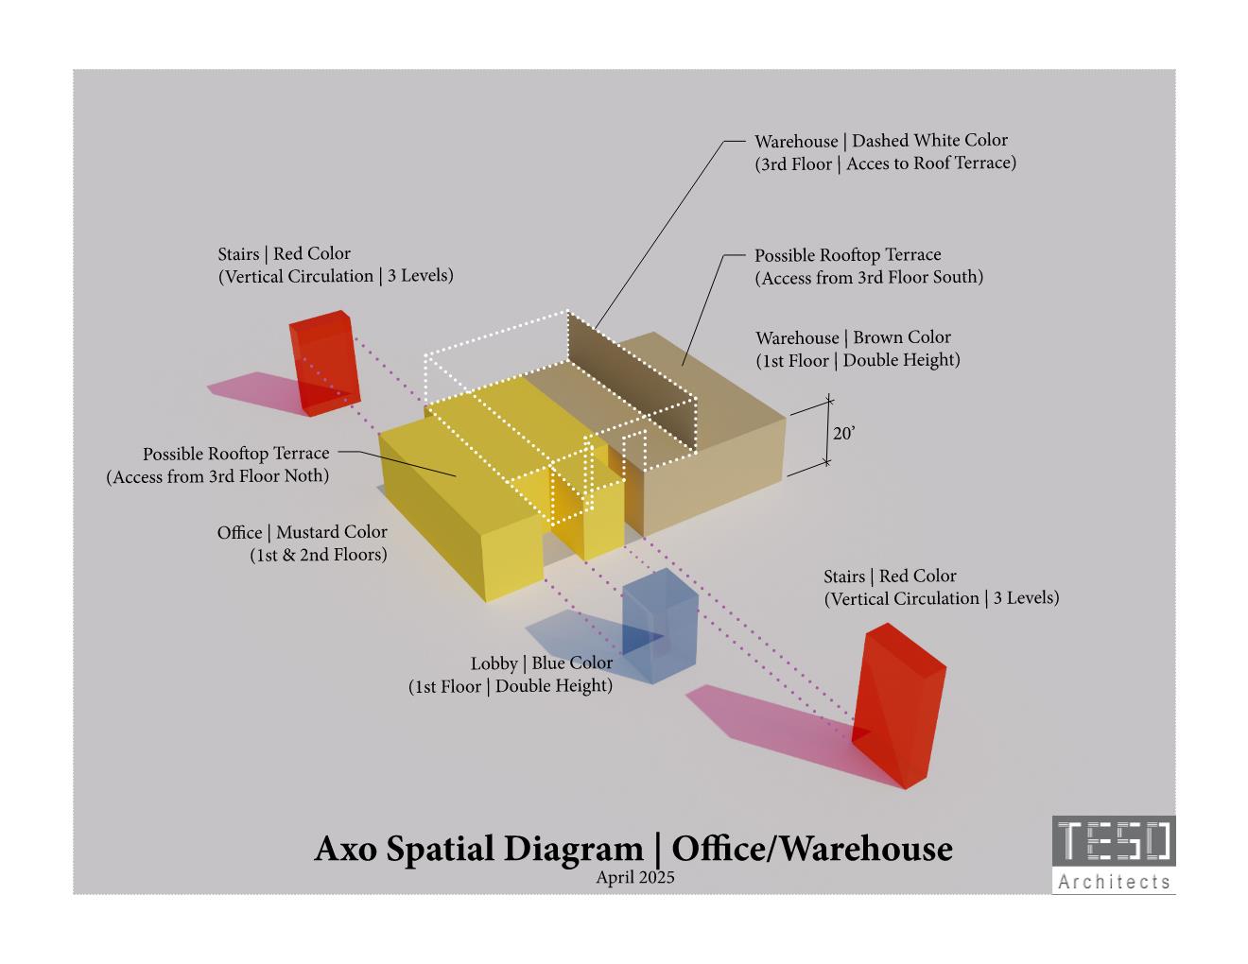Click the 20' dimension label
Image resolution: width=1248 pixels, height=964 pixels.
coord(843,434)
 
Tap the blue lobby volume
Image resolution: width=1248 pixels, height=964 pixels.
coord(662,628)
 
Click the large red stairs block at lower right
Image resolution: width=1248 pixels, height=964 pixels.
coord(898,704)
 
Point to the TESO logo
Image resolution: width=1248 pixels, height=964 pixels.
coord(1114,840)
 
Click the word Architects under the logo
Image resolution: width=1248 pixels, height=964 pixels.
coord(1114,882)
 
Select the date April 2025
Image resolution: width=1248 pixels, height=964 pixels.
coord(635,877)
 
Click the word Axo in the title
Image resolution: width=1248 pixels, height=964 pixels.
coord(346,849)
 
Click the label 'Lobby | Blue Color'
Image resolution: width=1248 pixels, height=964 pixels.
coord(541,663)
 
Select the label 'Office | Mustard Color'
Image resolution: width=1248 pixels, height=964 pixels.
coord(302,533)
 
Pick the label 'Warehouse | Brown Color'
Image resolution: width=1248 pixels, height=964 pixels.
coord(853,337)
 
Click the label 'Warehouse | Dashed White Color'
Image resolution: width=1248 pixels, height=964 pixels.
coord(880,141)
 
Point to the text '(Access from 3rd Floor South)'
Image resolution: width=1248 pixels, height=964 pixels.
coord(868,278)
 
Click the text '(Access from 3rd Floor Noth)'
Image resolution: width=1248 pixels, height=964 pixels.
coord(217,476)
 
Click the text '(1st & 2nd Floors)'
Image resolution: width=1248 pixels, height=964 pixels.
coord(318,556)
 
